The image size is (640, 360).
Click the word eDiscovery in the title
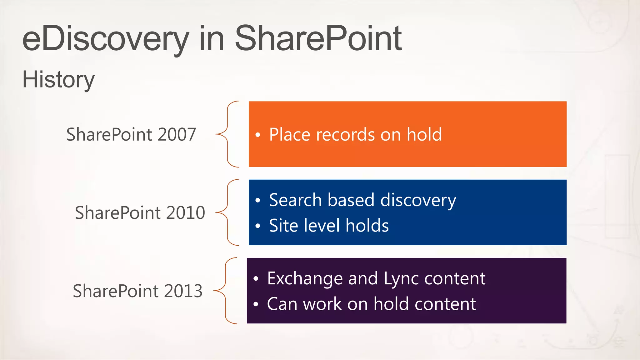[x=106, y=39]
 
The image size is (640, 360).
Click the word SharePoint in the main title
[x=318, y=39]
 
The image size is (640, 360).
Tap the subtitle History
[x=58, y=80]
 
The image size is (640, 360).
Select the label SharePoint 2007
[x=131, y=134]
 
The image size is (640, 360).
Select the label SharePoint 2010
[x=140, y=213]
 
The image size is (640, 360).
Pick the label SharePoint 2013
[x=137, y=291]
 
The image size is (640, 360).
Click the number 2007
[x=177, y=134]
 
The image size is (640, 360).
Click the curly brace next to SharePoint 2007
[x=227, y=134]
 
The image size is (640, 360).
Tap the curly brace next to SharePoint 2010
[x=227, y=212]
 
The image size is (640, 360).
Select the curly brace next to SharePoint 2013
[x=225, y=291]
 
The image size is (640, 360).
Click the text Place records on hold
[x=355, y=135]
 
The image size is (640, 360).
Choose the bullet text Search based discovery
[x=362, y=200]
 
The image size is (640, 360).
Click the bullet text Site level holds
[x=329, y=226]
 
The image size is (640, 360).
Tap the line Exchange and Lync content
[x=376, y=278]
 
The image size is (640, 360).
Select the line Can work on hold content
[x=371, y=304]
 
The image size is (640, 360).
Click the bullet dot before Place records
[x=257, y=135]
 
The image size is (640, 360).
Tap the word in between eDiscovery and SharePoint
[x=212, y=39]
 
